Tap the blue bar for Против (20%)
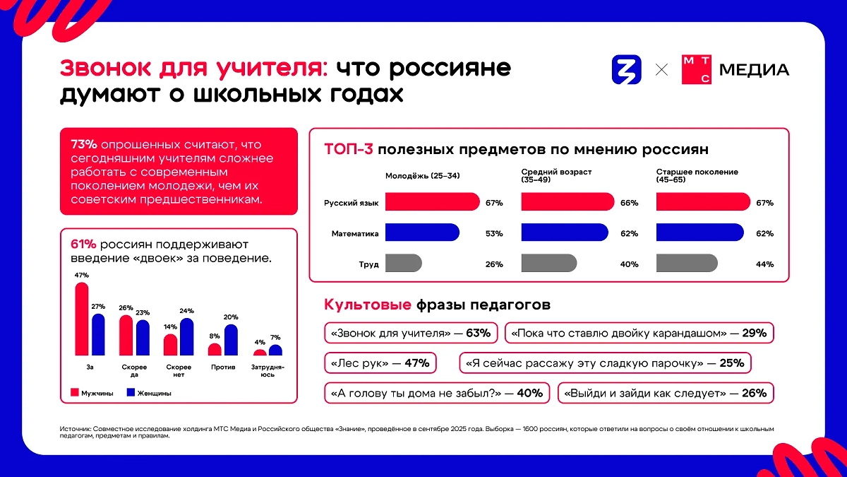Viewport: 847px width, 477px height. tap(231, 340)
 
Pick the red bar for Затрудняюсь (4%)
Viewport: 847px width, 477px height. tap(260, 352)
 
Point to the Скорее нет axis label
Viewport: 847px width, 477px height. tap(179, 370)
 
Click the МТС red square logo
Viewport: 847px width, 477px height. tap(696, 70)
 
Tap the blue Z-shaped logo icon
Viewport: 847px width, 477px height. tap(626, 70)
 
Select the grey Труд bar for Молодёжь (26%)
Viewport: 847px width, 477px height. tap(403, 264)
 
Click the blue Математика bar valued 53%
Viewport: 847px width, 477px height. tap(422, 233)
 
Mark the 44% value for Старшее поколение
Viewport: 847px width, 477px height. tap(764, 264)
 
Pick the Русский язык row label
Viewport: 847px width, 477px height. tap(351, 203)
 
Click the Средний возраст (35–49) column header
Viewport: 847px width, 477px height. tap(546, 176)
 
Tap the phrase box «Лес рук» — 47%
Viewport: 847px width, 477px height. tap(380, 363)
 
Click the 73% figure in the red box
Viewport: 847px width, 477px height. tap(83, 143)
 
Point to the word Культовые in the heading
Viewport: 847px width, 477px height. tap(367, 305)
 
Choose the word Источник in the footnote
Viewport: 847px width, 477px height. tap(76, 429)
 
